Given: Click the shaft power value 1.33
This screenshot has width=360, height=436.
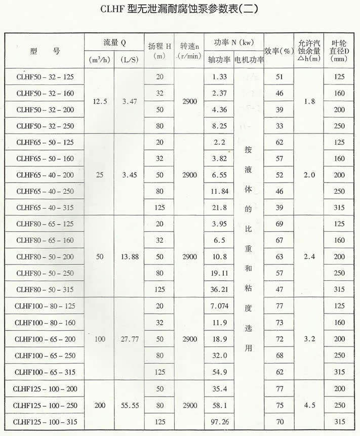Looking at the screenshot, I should [x=219, y=77].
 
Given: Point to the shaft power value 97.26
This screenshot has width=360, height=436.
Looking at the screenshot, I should [x=219, y=421].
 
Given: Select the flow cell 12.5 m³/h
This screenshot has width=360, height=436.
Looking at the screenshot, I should [x=100, y=101].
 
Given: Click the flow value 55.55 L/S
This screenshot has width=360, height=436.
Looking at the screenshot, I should [x=129, y=405].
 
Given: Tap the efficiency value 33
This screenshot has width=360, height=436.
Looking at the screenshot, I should [x=278, y=126].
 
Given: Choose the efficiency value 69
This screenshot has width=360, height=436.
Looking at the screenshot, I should [x=278, y=224].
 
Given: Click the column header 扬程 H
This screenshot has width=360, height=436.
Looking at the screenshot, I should [x=159, y=49].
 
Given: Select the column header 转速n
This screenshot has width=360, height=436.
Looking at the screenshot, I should [x=188, y=49].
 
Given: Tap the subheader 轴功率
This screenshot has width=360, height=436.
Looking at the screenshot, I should [x=219, y=59].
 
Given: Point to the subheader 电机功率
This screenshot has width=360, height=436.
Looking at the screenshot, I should [x=249, y=59].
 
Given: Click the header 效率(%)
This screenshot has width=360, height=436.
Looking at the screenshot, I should [x=279, y=51].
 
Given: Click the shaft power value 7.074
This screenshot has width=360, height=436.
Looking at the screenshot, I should [x=219, y=306].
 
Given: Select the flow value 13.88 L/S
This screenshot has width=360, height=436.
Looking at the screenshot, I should [x=129, y=257].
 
